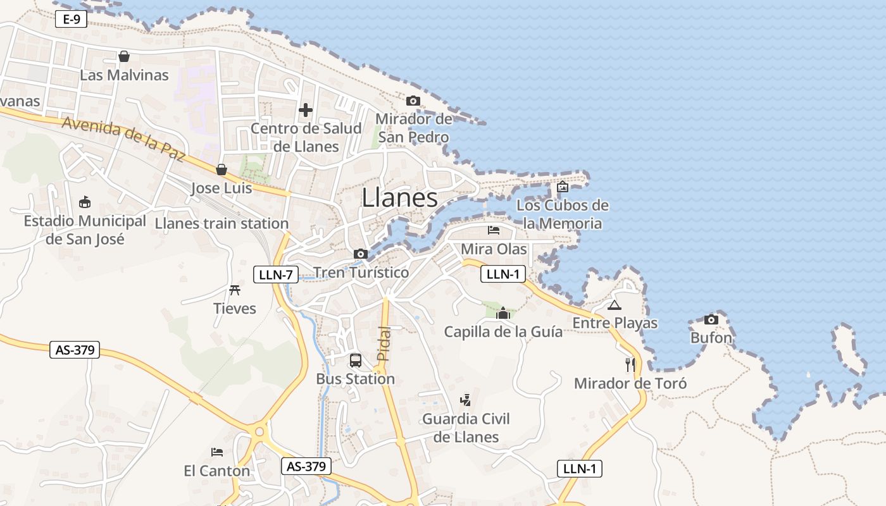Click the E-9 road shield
click(x=71, y=20)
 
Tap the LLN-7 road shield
click(x=276, y=275)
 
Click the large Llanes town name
click(x=399, y=198)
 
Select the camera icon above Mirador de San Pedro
click(x=413, y=101)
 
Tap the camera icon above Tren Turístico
click(x=361, y=254)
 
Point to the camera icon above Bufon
click(x=711, y=319)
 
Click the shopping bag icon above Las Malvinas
click(x=124, y=56)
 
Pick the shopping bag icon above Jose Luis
click(x=221, y=170)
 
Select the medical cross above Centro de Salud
click(x=306, y=111)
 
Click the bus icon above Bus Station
click(x=356, y=361)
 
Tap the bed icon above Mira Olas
click(x=494, y=230)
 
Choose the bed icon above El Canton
click(x=217, y=452)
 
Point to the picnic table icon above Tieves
click(x=235, y=290)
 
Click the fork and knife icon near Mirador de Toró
click(x=630, y=364)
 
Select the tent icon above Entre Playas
click(x=614, y=305)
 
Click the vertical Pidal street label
click(x=383, y=343)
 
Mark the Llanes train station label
click(x=221, y=223)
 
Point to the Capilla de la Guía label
click(x=503, y=331)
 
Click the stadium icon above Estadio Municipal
click(x=84, y=202)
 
